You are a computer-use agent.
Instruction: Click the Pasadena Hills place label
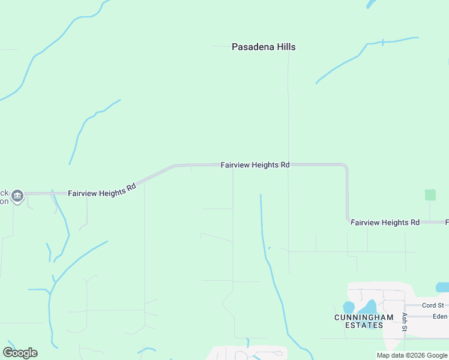tap(264, 47)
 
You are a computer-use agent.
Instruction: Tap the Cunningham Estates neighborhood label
tap(364, 321)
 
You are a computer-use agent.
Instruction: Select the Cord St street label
tap(432, 305)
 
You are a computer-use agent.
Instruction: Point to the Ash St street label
tap(405, 322)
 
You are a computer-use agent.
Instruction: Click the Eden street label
tap(439, 316)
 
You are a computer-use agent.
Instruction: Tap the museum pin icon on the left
tap(17, 196)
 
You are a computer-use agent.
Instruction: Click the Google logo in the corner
tap(20, 353)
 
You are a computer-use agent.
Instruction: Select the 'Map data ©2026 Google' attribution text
tap(412, 355)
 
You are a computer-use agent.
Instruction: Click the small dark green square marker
tap(430, 194)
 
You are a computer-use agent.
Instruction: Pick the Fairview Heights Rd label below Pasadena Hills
tap(255, 164)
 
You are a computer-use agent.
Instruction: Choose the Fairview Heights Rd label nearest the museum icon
tap(102, 190)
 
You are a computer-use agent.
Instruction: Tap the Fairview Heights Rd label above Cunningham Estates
tap(385, 223)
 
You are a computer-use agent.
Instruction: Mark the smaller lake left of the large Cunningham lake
tap(349, 308)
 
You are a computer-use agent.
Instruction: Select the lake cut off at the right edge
tap(443, 287)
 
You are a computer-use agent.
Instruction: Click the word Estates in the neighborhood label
tap(364, 325)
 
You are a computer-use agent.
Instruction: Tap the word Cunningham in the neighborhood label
tap(364, 317)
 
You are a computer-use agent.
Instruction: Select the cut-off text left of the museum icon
tap(4, 197)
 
